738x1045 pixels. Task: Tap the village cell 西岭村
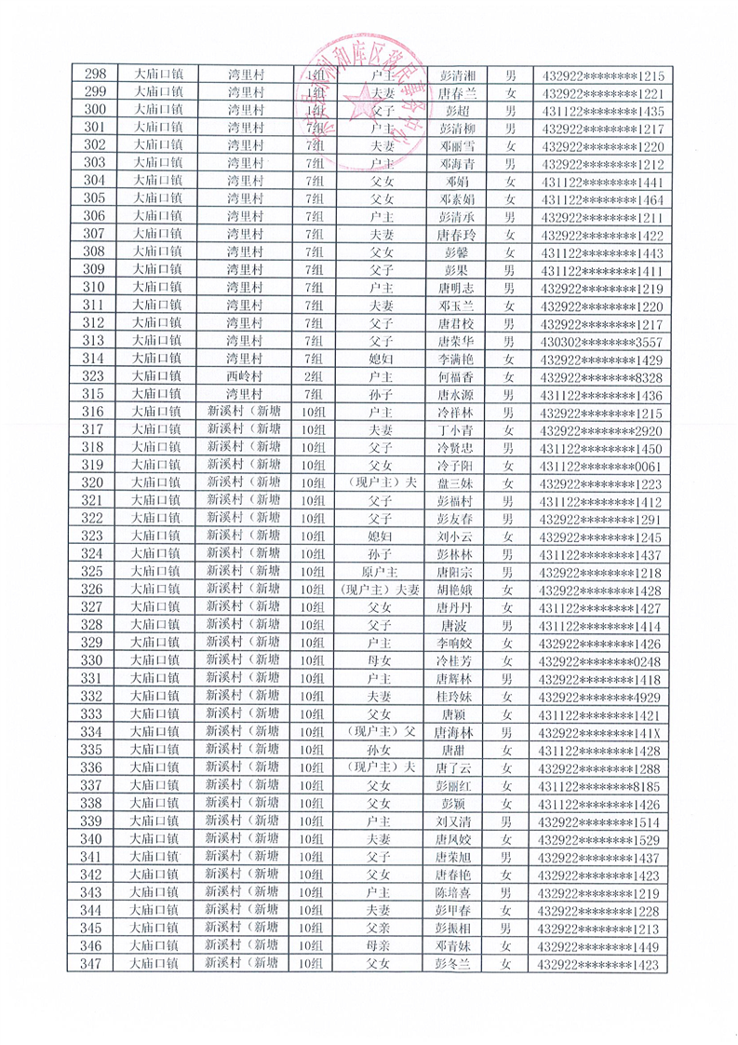pyautogui.click(x=246, y=377)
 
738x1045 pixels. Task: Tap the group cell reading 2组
pyautogui.click(x=314, y=377)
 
